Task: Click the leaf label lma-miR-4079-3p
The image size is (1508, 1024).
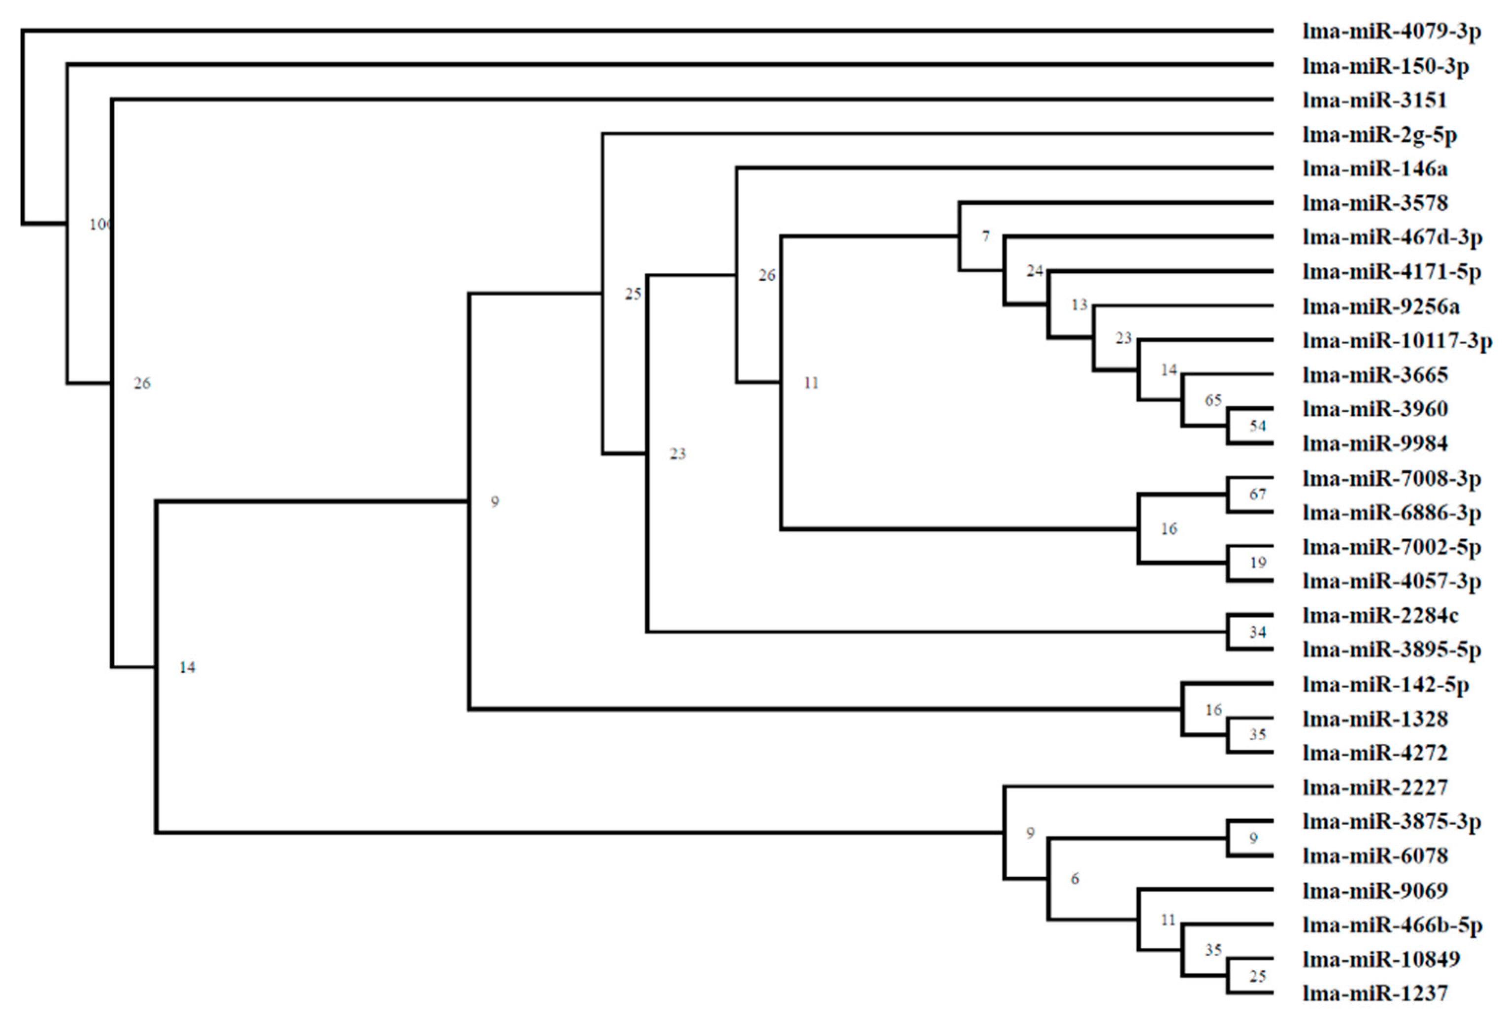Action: click(1391, 31)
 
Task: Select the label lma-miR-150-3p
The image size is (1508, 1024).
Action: click(1385, 66)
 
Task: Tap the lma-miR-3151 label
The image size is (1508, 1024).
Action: click(1374, 100)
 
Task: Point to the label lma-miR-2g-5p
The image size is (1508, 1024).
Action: click(1379, 135)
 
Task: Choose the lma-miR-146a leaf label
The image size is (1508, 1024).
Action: click(1374, 169)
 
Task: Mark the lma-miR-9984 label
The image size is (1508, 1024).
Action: click(1374, 443)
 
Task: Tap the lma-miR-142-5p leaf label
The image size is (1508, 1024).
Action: click(1385, 685)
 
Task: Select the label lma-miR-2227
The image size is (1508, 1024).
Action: click(1374, 787)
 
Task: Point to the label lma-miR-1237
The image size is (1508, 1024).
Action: click(1374, 993)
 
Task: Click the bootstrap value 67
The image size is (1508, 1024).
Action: click(1258, 495)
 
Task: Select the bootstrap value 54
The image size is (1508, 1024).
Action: click(1258, 426)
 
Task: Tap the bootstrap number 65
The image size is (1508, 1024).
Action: click(1213, 400)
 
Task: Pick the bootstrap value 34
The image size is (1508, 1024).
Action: click(1258, 632)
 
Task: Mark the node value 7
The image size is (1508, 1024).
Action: click(986, 237)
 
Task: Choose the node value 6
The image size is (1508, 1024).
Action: click(1074, 879)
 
